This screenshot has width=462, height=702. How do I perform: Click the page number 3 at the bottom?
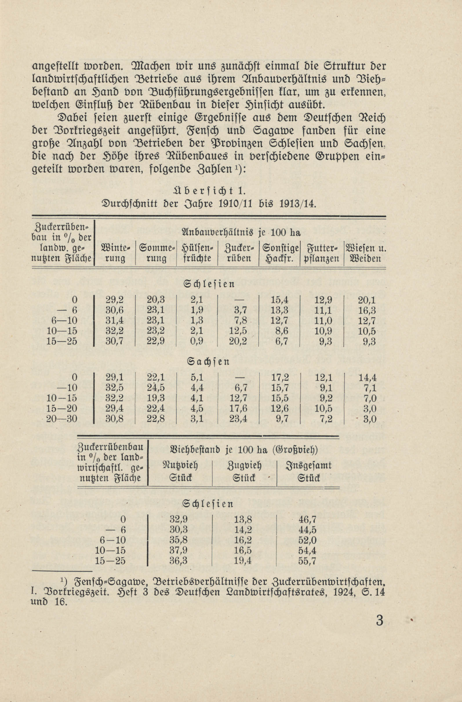point(380,620)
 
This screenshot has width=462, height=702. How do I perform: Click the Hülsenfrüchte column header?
point(197,253)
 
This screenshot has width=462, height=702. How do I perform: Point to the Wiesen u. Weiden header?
point(365,253)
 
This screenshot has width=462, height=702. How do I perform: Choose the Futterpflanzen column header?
point(322,253)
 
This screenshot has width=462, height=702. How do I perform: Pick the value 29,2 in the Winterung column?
point(115,300)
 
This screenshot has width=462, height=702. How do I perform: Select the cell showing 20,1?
point(367,300)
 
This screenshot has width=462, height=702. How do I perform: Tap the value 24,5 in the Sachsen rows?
point(156,388)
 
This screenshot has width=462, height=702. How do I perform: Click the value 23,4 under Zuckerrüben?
point(238,419)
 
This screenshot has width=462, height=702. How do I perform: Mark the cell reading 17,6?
point(238,409)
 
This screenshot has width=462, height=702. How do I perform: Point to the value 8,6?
point(281,331)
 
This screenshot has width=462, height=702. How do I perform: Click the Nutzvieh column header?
point(180,471)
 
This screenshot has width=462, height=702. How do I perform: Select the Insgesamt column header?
point(308,471)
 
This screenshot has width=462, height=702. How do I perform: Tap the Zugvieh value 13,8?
point(243,519)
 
